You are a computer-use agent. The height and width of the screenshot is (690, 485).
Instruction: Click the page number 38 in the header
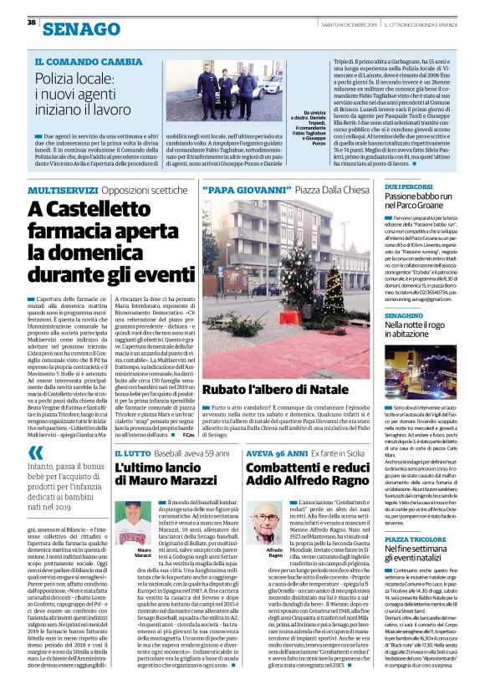click(x=31, y=22)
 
